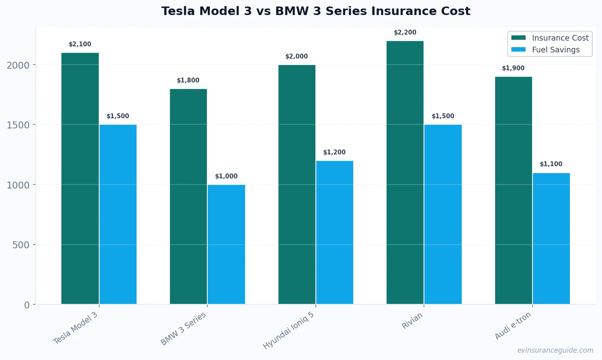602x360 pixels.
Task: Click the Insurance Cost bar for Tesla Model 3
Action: [80, 178]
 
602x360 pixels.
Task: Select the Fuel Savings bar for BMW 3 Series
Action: [226, 244]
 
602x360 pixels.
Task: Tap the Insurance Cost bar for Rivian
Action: [405, 172]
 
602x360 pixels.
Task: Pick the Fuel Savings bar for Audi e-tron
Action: [551, 239]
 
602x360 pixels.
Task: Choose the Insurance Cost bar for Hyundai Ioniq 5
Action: [297, 184]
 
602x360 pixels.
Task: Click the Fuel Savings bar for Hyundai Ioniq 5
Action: [335, 232]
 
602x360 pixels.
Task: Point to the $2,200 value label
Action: [405, 33]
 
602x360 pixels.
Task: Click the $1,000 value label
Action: [226, 176]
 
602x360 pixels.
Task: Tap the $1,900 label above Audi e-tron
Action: [513, 68]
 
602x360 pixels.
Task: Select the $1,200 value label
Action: [335, 152]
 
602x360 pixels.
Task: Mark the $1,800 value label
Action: [188, 80]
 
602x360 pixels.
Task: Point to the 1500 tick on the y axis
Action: [18, 125]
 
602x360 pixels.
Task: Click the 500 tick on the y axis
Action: [21, 245]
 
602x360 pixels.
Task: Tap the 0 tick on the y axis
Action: [27, 305]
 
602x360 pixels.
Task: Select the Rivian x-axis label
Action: [412, 321]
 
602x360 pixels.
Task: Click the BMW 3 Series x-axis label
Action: [183, 329]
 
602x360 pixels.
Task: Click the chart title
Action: [315, 11]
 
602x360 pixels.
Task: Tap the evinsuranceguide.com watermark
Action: [555, 350]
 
